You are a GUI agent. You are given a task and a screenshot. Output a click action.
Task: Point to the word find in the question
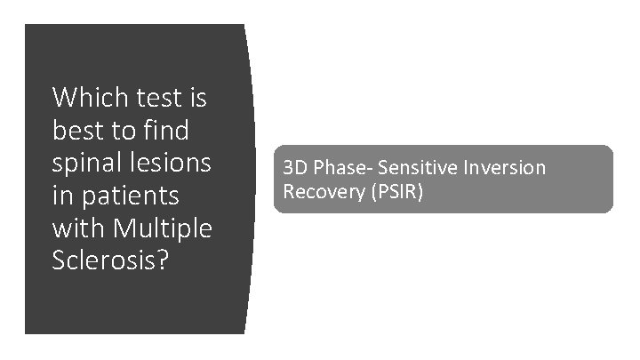[x=165, y=130]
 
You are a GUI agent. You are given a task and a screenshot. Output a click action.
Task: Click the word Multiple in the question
[x=164, y=229]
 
